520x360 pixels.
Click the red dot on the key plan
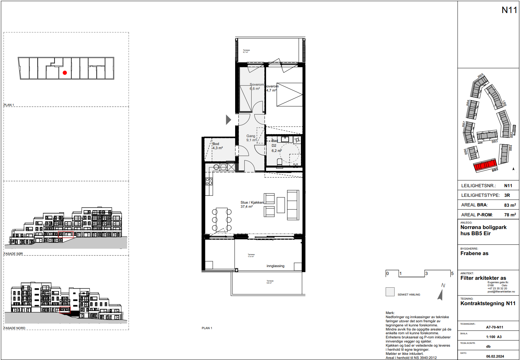65,73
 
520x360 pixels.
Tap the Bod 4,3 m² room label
217,146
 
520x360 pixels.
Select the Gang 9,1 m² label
251,138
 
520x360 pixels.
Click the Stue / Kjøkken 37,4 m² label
252,204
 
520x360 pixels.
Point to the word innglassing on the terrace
275,266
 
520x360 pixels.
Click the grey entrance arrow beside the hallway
228,119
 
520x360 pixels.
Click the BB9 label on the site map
481,76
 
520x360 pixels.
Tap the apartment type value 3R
507,195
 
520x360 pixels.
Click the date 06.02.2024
495,356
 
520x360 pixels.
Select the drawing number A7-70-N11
494,327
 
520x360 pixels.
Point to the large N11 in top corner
509,10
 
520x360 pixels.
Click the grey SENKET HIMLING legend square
390,292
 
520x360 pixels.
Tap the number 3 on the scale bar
426,273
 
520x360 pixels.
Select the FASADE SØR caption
13,254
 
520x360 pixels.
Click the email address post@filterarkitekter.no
501,291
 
